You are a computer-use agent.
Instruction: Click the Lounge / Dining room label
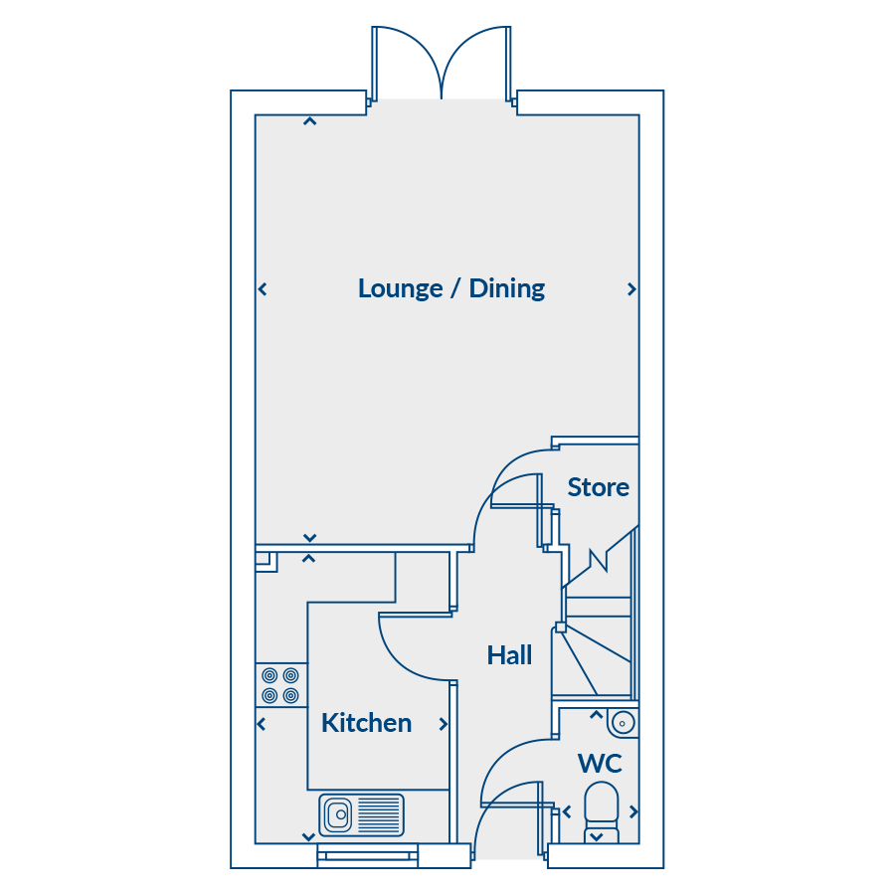click(450, 288)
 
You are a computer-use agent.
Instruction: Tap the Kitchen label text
click(366, 723)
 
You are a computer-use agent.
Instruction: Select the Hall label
click(509, 655)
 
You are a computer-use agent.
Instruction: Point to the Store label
click(599, 487)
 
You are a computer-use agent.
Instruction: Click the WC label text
click(600, 764)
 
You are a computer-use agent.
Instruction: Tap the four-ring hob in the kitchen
click(280, 685)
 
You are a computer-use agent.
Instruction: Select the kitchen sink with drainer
click(361, 814)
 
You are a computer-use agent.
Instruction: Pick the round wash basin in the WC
click(623, 723)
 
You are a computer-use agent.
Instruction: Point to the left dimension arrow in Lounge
click(263, 289)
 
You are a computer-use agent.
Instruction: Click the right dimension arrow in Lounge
click(631, 289)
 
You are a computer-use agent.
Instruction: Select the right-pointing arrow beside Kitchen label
click(443, 724)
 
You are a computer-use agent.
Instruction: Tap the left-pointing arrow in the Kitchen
click(262, 724)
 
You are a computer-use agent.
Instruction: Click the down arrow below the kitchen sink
click(309, 837)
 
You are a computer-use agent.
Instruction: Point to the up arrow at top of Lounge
click(310, 121)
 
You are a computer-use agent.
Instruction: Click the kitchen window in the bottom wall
click(368, 855)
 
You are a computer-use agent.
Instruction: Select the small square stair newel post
click(561, 627)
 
